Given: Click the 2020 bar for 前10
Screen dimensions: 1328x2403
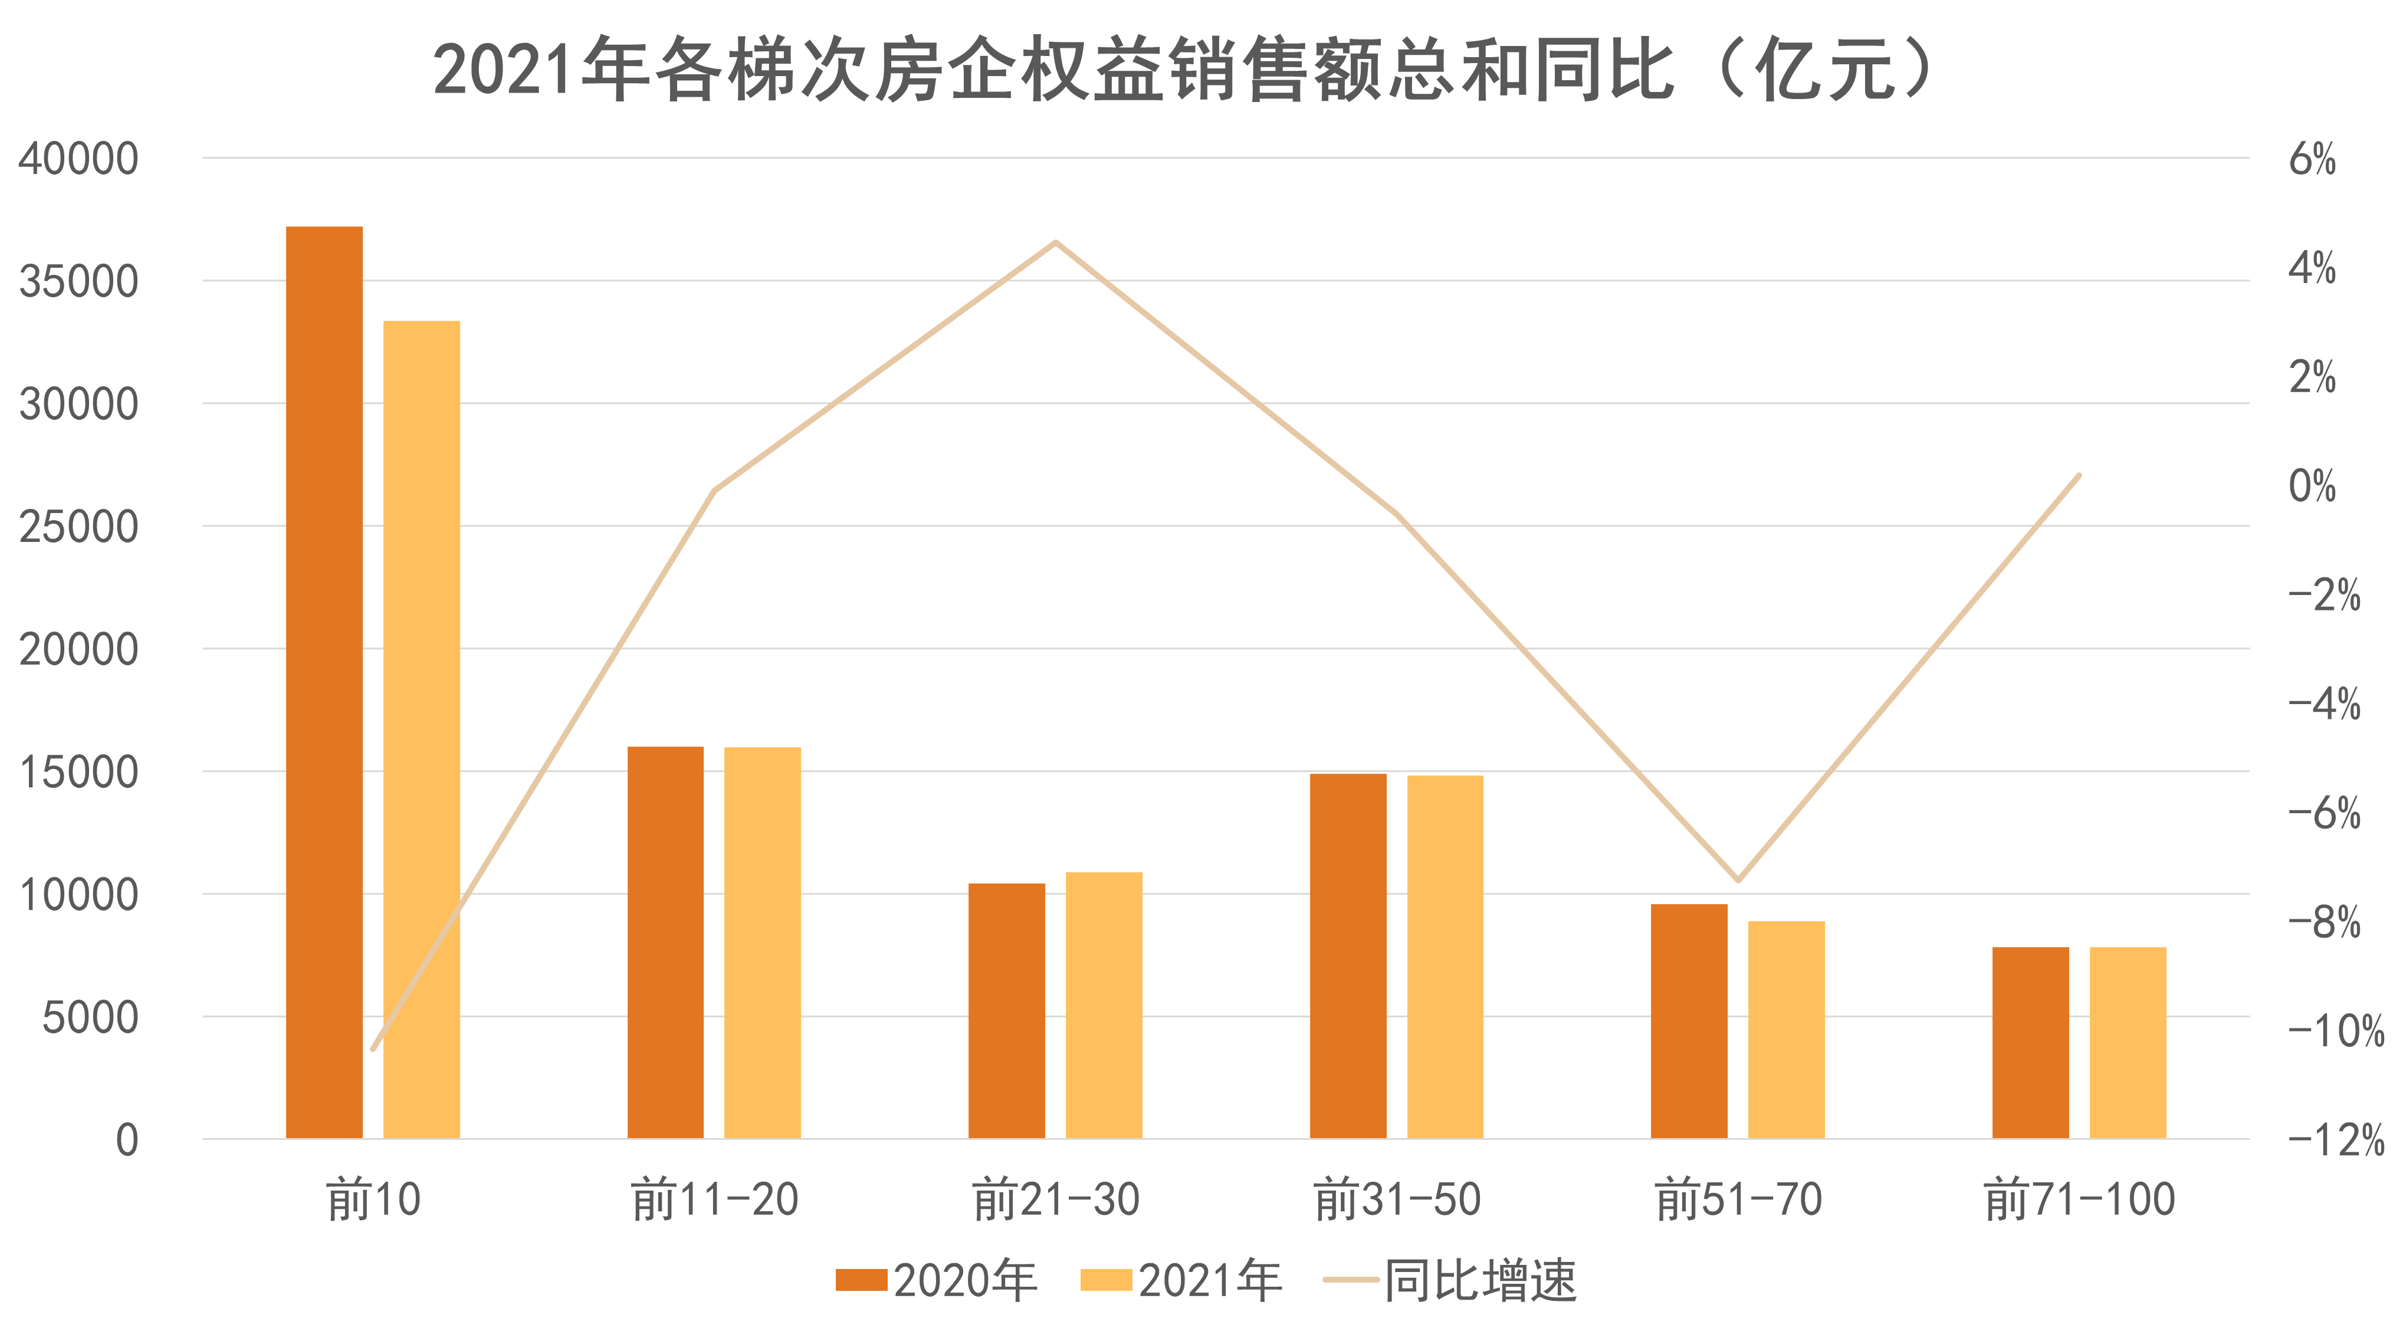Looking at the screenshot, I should pos(324,681).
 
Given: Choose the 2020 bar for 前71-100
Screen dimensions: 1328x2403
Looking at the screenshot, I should pos(2031,1043).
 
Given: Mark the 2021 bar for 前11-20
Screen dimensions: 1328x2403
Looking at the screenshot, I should pos(762,942).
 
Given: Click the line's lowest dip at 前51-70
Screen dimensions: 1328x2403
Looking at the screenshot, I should pos(1738,879).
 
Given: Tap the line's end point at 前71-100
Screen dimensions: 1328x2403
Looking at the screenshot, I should pos(2079,476).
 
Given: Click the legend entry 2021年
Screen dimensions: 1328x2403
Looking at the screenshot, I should pos(1181,1280).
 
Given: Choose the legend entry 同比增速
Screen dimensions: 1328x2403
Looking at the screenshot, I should pos(1450,1280).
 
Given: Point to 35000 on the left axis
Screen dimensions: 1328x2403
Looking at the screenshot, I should pos(78,281).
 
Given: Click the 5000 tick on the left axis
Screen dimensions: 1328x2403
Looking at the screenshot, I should pos(90,1017).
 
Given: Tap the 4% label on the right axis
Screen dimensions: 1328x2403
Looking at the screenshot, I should pos(2312,268).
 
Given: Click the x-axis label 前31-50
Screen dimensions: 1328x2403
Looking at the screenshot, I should pos(1397,1199).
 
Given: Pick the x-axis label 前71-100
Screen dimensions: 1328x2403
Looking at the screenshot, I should pos(2079,1199).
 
